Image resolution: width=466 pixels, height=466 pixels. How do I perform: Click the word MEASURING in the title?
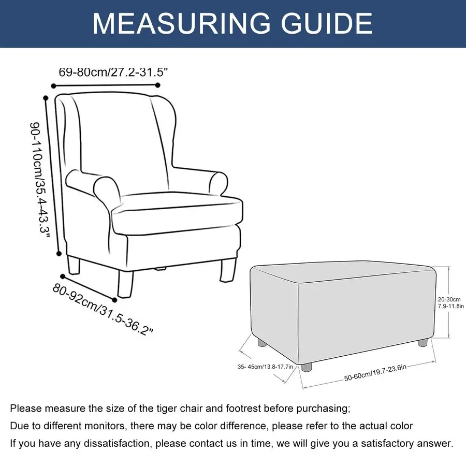coord(181,23)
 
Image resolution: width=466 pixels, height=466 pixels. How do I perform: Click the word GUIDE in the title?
coord(327,23)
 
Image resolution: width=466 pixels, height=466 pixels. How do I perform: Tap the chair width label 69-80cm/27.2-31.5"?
coord(113,72)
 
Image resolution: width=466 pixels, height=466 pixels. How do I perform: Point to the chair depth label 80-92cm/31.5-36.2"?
coord(103,310)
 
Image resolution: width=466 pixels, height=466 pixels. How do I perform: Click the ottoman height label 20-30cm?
coord(449,299)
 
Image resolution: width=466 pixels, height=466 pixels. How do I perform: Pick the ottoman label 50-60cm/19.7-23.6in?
coord(375,373)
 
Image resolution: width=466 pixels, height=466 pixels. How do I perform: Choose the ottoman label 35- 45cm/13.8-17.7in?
coord(265,367)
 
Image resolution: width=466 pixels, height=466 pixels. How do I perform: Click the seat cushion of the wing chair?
coord(177,213)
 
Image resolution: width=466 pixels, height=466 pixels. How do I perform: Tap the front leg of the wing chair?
coord(125,284)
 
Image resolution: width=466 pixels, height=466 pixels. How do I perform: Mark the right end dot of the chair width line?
coord(157,85)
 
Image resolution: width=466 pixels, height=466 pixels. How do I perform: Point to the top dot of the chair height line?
coord(46,98)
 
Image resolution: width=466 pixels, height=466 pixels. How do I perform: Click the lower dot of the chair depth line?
coord(115,300)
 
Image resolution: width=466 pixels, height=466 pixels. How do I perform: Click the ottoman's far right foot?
coord(423,342)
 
